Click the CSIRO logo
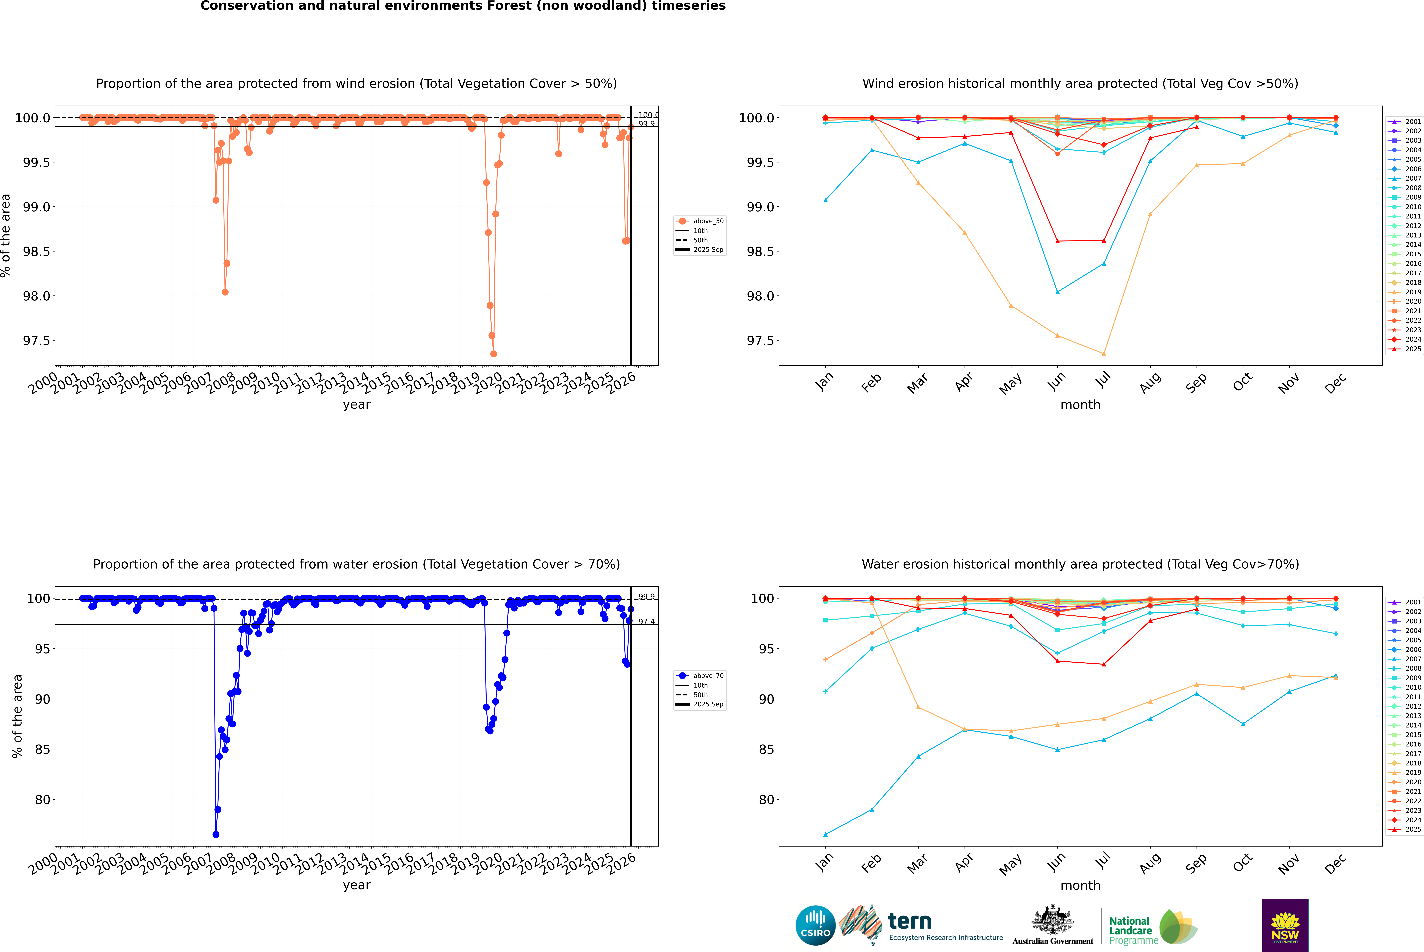click(815, 925)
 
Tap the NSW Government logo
click(1285, 925)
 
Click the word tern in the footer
click(909, 921)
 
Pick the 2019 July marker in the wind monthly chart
click(1103, 354)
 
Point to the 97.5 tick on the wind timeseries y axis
click(36, 341)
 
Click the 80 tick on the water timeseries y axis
click(42, 800)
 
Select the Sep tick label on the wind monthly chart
click(1196, 382)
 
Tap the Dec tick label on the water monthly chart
click(1335, 863)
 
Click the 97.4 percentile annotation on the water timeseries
click(646, 622)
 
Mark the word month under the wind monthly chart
click(1080, 405)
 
